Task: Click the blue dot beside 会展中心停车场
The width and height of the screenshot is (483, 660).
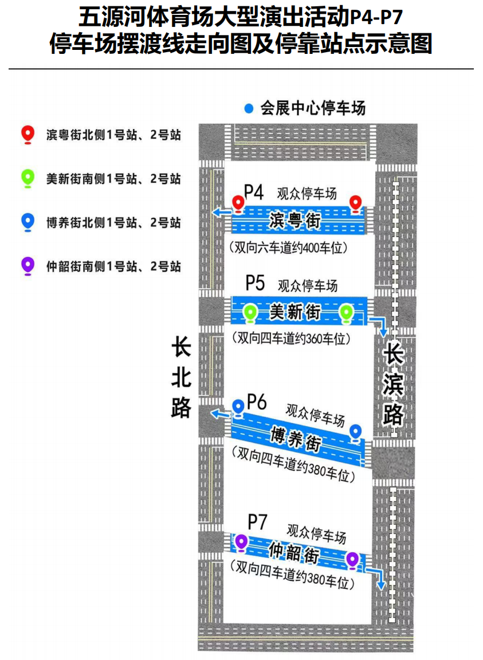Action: (248, 108)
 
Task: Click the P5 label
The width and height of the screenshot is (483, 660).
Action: (255, 283)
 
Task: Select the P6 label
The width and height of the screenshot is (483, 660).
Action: (257, 402)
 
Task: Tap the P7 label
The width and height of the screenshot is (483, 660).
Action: (257, 522)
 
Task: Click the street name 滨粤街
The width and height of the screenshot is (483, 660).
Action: (294, 219)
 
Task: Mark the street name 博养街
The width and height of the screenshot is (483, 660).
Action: (296, 440)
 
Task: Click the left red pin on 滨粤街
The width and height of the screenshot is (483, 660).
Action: (238, 202)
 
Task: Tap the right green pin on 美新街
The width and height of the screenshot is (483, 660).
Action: (345, 313)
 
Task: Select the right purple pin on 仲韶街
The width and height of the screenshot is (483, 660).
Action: (352, 559)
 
